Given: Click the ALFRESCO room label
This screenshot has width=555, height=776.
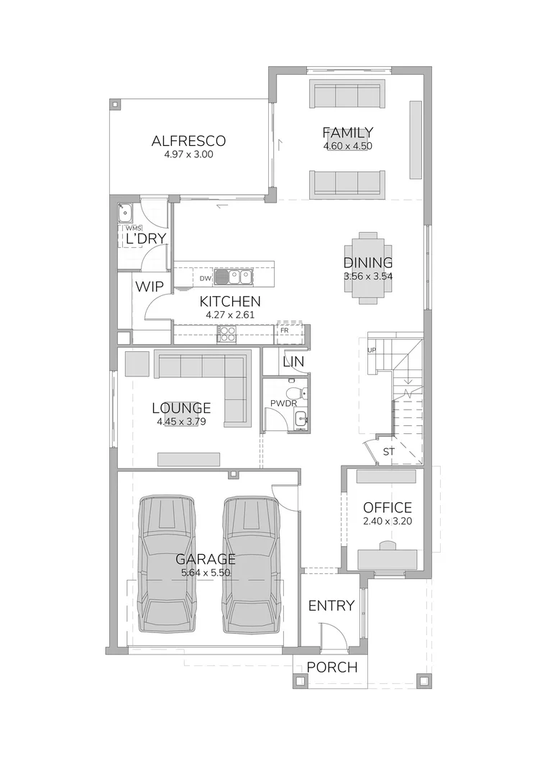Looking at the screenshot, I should (x=189, y=141).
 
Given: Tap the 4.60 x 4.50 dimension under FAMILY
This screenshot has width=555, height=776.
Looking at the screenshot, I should (x=347, y=146).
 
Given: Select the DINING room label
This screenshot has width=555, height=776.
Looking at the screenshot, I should (x=367, y=263).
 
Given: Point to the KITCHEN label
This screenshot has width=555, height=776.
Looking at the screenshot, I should (x=230, y=302).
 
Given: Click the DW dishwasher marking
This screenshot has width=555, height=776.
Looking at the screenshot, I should (x=205, y=277).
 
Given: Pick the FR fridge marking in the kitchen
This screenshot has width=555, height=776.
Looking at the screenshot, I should (x=285, y=330).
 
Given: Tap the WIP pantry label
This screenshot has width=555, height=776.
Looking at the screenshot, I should (x=150, y=287).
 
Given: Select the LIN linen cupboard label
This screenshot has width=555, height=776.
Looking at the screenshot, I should (x=293, y=362).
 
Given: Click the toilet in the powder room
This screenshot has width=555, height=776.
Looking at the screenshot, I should (x=295, y=393).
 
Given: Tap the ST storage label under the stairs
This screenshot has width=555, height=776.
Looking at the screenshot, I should (x=389, y=452).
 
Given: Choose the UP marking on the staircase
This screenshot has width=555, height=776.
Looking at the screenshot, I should (x=372, y=350).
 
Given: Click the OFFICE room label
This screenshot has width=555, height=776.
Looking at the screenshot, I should (x=387, y=508).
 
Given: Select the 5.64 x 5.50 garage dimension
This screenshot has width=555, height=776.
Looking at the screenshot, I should (x=206, y=573).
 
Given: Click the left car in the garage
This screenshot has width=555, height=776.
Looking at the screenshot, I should (x=167, y=564).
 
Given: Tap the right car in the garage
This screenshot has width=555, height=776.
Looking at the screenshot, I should (x=250, y=564).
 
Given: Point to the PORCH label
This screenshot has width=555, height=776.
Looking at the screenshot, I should (x=331, y=668).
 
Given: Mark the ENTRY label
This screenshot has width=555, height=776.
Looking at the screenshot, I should (x=331, y=606).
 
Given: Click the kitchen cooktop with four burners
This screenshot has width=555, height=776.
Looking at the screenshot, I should (x=226, y=334).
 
